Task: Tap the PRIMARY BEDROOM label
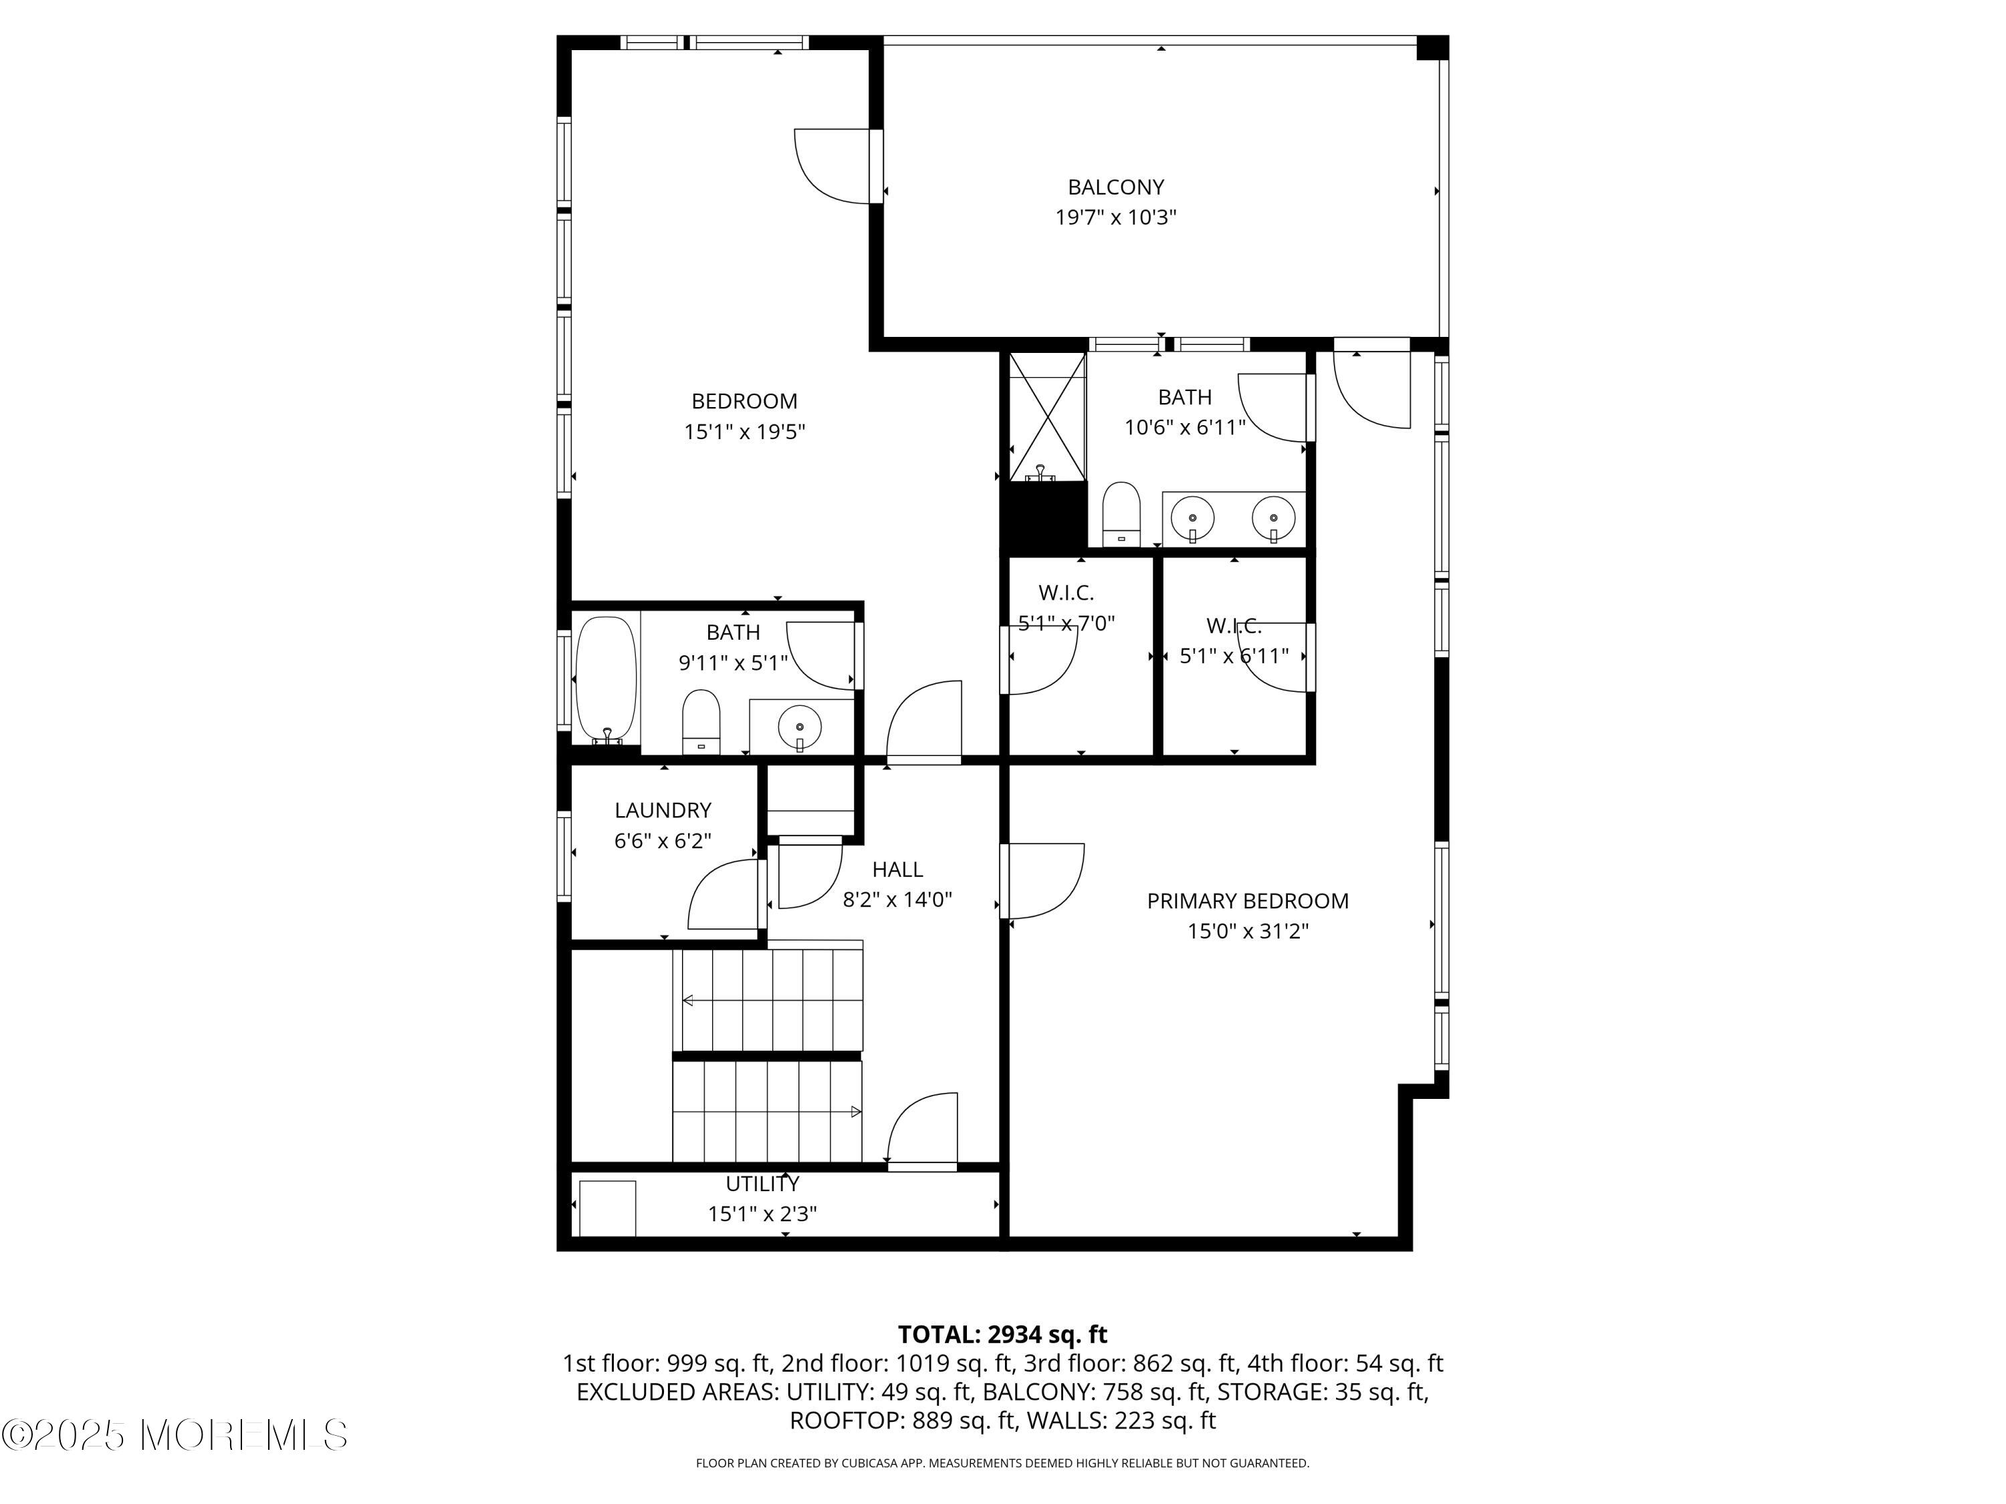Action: coord(1248,901)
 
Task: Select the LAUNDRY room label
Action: coord(663,810)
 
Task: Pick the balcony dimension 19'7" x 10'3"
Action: coord(1115,217)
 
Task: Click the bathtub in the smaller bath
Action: coord(606,680)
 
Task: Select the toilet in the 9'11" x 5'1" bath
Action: coord(701,722)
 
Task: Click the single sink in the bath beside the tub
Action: coord(800,726)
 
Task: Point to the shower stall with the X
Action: coord(1047,417)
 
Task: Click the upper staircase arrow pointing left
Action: coord(772,1001)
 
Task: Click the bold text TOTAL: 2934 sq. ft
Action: coord(1002,1334)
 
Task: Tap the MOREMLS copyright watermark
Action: coord(174,1435)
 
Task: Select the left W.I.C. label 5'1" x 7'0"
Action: coord(1066,608)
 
